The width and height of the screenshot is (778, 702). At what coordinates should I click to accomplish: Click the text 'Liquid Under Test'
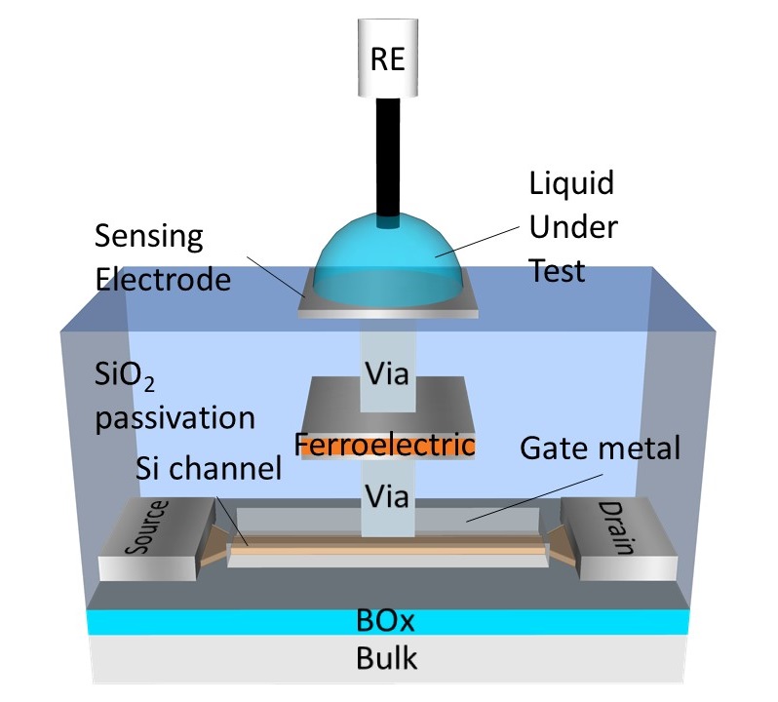pyautogui.click(x=572, y=225)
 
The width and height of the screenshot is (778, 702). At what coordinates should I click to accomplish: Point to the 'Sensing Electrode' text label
pyautogui.click(x=163, y=257)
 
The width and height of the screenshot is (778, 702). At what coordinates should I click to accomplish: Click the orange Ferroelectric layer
pyautogui.click(x=389, y=446)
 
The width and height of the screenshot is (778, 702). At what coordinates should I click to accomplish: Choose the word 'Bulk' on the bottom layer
pyautogui.click(x=389, y=658)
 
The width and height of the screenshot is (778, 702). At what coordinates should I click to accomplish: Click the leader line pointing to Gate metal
pyautogui.click(x=517, y=492)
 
